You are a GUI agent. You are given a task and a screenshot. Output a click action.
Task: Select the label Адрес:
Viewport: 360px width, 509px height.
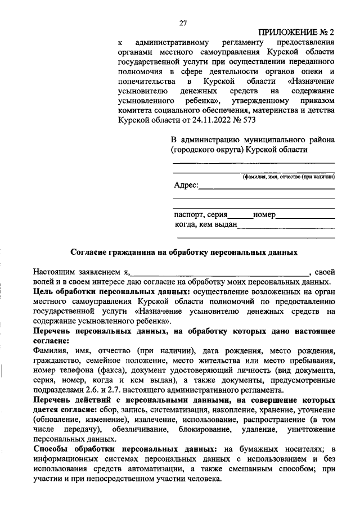[x=185, y=185]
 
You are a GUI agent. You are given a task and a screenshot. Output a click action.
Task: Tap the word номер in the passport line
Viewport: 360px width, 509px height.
[x=264, y=214]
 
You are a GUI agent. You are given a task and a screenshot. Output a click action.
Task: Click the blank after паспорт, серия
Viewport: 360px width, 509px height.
[x=240, y=216]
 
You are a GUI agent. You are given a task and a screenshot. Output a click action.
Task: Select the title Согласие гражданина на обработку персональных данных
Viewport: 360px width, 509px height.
[x=184, y=253]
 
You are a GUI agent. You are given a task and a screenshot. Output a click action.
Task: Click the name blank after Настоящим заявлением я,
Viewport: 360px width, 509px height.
[x=219, y=272]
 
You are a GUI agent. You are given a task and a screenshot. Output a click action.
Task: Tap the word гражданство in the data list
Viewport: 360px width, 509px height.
[x=56, y=361]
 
